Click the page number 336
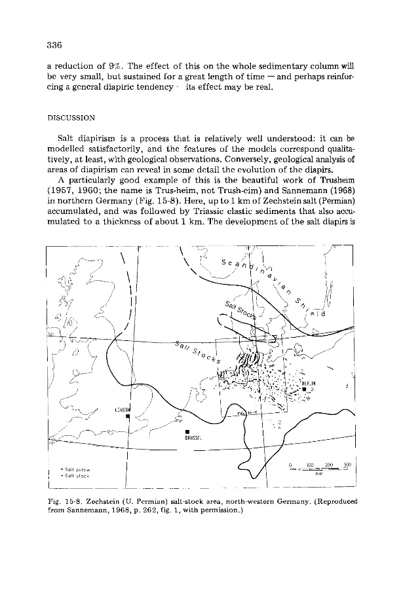54,45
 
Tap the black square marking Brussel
187,431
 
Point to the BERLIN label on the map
309,383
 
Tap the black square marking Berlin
305,391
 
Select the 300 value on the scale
347,464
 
